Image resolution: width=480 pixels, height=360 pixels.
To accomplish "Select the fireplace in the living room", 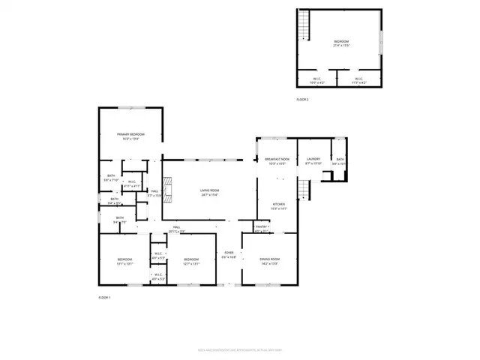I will pos(169,191).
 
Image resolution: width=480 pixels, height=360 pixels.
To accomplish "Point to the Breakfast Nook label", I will pos(277,160).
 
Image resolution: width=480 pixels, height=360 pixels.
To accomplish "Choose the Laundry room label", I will pos(313,160).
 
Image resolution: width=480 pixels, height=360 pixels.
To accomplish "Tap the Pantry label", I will pos(262,227).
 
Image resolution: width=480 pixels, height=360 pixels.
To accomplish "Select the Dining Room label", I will pos(269,261).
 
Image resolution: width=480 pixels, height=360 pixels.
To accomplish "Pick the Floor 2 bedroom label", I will pos(341,43).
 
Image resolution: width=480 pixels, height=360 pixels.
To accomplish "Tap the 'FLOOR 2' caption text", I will pos(302,99).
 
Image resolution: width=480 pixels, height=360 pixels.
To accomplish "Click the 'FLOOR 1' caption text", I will pos(104,298).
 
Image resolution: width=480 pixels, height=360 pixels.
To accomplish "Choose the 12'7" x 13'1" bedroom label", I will pos(191,261).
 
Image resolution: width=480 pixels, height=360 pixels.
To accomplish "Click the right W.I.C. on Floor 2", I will pos(358,80).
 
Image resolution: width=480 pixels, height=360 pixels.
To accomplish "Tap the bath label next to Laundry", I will pos(340,160).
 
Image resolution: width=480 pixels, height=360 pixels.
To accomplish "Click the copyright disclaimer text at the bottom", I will pos(239,349).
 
